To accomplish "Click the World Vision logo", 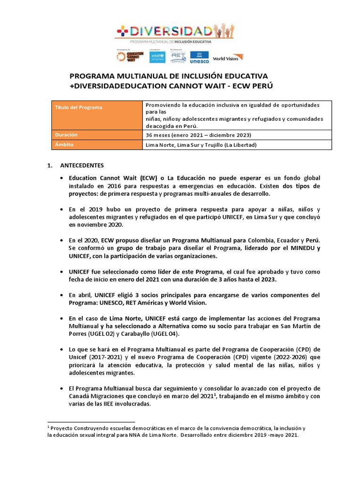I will [x=228, y=58].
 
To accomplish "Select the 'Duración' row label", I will [x=66, y=135].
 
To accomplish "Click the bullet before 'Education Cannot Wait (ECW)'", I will [x=63, y=178].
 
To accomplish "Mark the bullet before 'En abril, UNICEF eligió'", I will [x=63, y=295].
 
